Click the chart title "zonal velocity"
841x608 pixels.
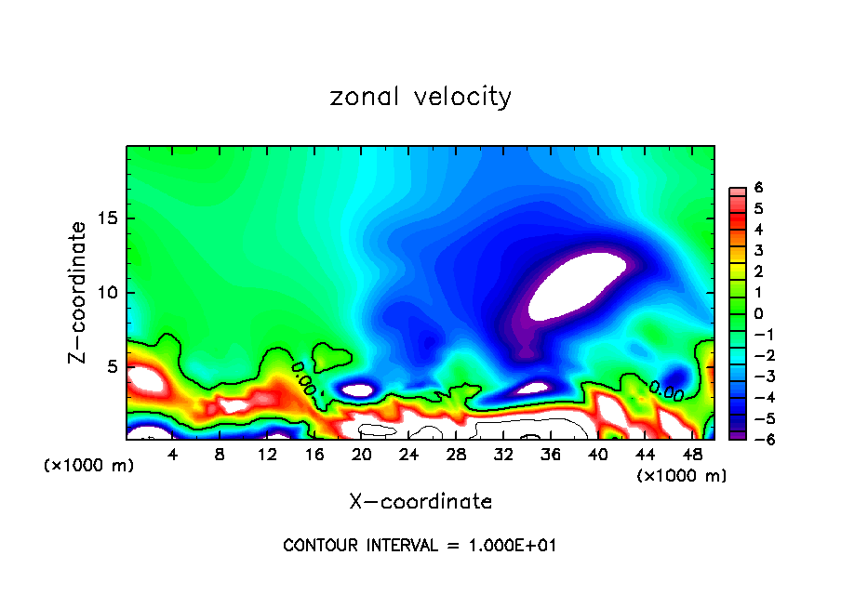[420, 97]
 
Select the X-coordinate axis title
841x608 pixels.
[420, 502]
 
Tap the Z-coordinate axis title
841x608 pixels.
[79, 292]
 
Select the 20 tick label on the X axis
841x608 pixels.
[362, 455]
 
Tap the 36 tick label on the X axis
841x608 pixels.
[551, 455]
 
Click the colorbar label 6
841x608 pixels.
[759, 188]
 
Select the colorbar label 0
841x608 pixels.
[759, 313]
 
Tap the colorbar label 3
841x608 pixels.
[759, 250]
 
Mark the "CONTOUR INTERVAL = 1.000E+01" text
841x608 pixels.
[420, 546]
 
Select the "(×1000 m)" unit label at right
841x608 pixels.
[681, 476]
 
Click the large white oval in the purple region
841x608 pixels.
[577, 284]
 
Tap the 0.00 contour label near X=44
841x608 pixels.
[666, 390]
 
